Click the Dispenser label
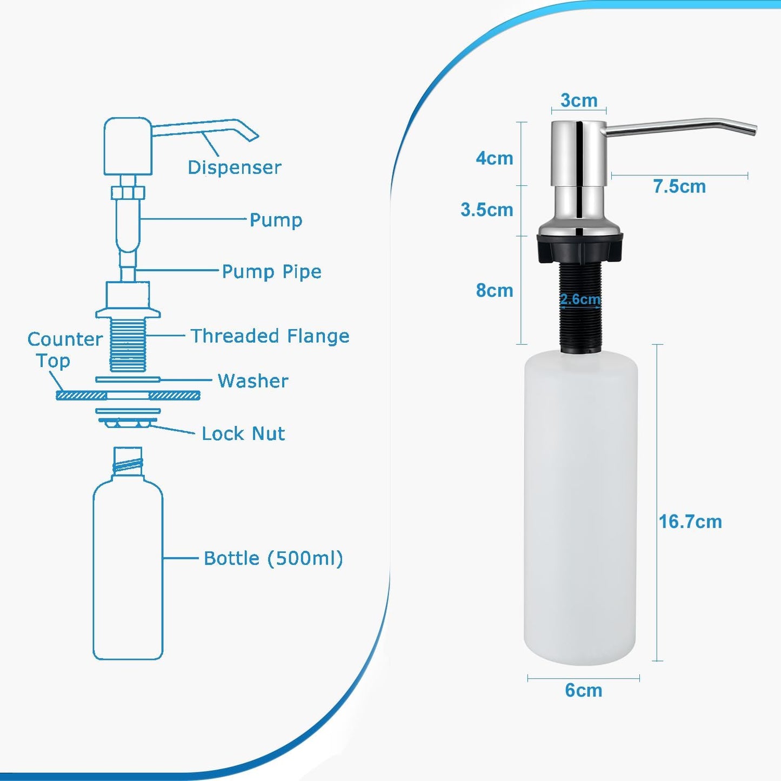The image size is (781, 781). (234, 168)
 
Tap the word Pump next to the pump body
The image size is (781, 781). (276, 220)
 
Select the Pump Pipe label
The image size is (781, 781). (271, 271)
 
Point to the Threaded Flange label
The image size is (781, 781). (270, 336)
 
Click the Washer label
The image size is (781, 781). (253, 381)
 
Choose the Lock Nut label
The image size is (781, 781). (243, 433)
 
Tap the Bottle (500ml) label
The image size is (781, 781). (273, 558)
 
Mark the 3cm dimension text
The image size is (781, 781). (579, 101)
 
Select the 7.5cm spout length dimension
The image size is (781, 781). (679, 186)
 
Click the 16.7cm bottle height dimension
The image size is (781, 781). (690, 522)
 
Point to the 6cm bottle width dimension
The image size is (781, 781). (583, 690)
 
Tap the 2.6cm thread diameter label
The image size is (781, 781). (580, 299)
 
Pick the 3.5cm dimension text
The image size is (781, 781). (486, 210)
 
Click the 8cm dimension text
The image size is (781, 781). (494, 291)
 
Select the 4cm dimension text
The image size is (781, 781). (494, 158)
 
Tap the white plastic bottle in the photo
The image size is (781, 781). (581, 508)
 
